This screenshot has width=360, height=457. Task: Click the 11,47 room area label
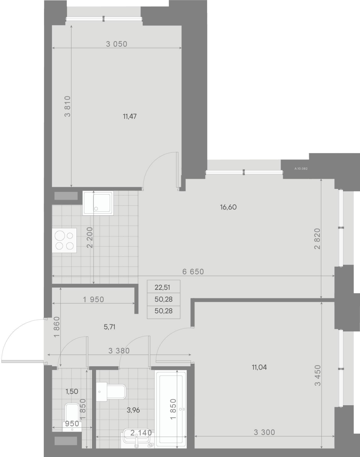(x=130, y=116)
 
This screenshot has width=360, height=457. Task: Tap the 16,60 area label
(x=228, y=207)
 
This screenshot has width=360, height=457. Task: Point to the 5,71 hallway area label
(x=109, y=327)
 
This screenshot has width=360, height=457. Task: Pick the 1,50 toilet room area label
(x=72, y=391)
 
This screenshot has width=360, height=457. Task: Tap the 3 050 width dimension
(x=117, y=44)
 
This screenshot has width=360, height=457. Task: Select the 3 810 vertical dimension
(x=68, y=107)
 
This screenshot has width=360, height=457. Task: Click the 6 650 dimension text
(x=193, y=272)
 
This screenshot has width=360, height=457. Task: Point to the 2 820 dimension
(x=317, y=239)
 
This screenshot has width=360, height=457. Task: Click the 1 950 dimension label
(x=93, y=300)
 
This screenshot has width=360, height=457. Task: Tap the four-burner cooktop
(x=64, y=241)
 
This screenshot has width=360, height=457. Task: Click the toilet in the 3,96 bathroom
(x=111, y=392)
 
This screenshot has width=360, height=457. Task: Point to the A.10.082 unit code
(x=301, y=169)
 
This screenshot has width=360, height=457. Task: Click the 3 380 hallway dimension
(x=119, y=351)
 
